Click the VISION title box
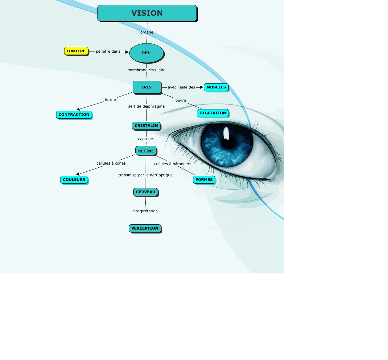(x=147, y=13)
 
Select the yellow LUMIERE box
(x=76, y=51)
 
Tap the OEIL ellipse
(x=147, y=53)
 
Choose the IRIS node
(x=147, y=87)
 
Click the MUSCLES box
(x=216, y=87)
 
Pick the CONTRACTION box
(x=74, y=115)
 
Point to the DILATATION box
(x=213, y=113)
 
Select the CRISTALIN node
(x=146, y=126)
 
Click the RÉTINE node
(x=146, y=151)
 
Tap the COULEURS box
(x=74, y=180)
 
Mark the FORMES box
(x=204, y=180)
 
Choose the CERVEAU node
(x=146, y=192)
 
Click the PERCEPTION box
(x=145, y=228)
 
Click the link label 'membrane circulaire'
(x=147, y=70)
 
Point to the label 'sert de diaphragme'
(x=147, y=106)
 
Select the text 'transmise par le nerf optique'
(x=146, y=175)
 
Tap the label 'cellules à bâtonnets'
(x=173, y=164)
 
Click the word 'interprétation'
(x=145, y=211)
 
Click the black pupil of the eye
(x=229, y=142)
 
